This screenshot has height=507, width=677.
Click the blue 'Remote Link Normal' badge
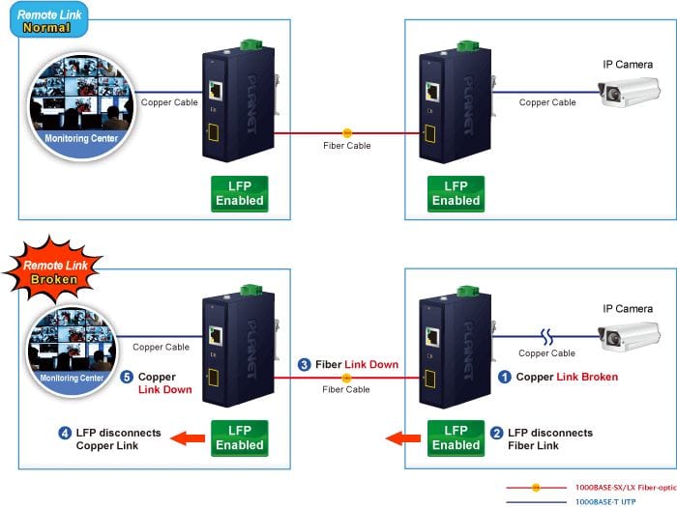click(x=48, y=20)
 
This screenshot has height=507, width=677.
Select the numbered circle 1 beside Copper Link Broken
click(x=504, y=377)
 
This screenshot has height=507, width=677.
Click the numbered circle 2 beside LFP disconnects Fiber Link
click(x=496, y=433)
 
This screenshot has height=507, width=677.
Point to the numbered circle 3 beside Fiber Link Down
click(x=304, y=365)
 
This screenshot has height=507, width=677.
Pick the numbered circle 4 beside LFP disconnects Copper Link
click(x=65, y=433)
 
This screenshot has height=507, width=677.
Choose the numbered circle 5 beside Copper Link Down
click(x=127, y=377)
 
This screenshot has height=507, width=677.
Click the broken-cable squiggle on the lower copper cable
click(x=546, y=337)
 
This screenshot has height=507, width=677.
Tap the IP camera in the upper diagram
click(x=629, y=92)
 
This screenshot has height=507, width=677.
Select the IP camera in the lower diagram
click(x=629, y=336)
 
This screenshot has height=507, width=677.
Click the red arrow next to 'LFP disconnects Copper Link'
click(x=188, y=438)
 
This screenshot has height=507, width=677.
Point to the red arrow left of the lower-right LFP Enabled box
click(x=403, y=438)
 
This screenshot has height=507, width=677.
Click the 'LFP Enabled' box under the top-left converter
click(x=240, y=193)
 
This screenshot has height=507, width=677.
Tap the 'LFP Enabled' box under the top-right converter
click(x=456, y=193)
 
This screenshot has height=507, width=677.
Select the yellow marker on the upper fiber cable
click(x=346, y=133)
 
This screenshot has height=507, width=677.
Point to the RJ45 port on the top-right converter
click(x=432, y=92)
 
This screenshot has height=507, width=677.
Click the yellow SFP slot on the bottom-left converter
click(x=214, y=378)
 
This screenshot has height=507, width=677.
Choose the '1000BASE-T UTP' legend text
click(x=605, y=502)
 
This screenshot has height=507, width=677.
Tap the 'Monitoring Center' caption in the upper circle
click(x=81, y=138)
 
